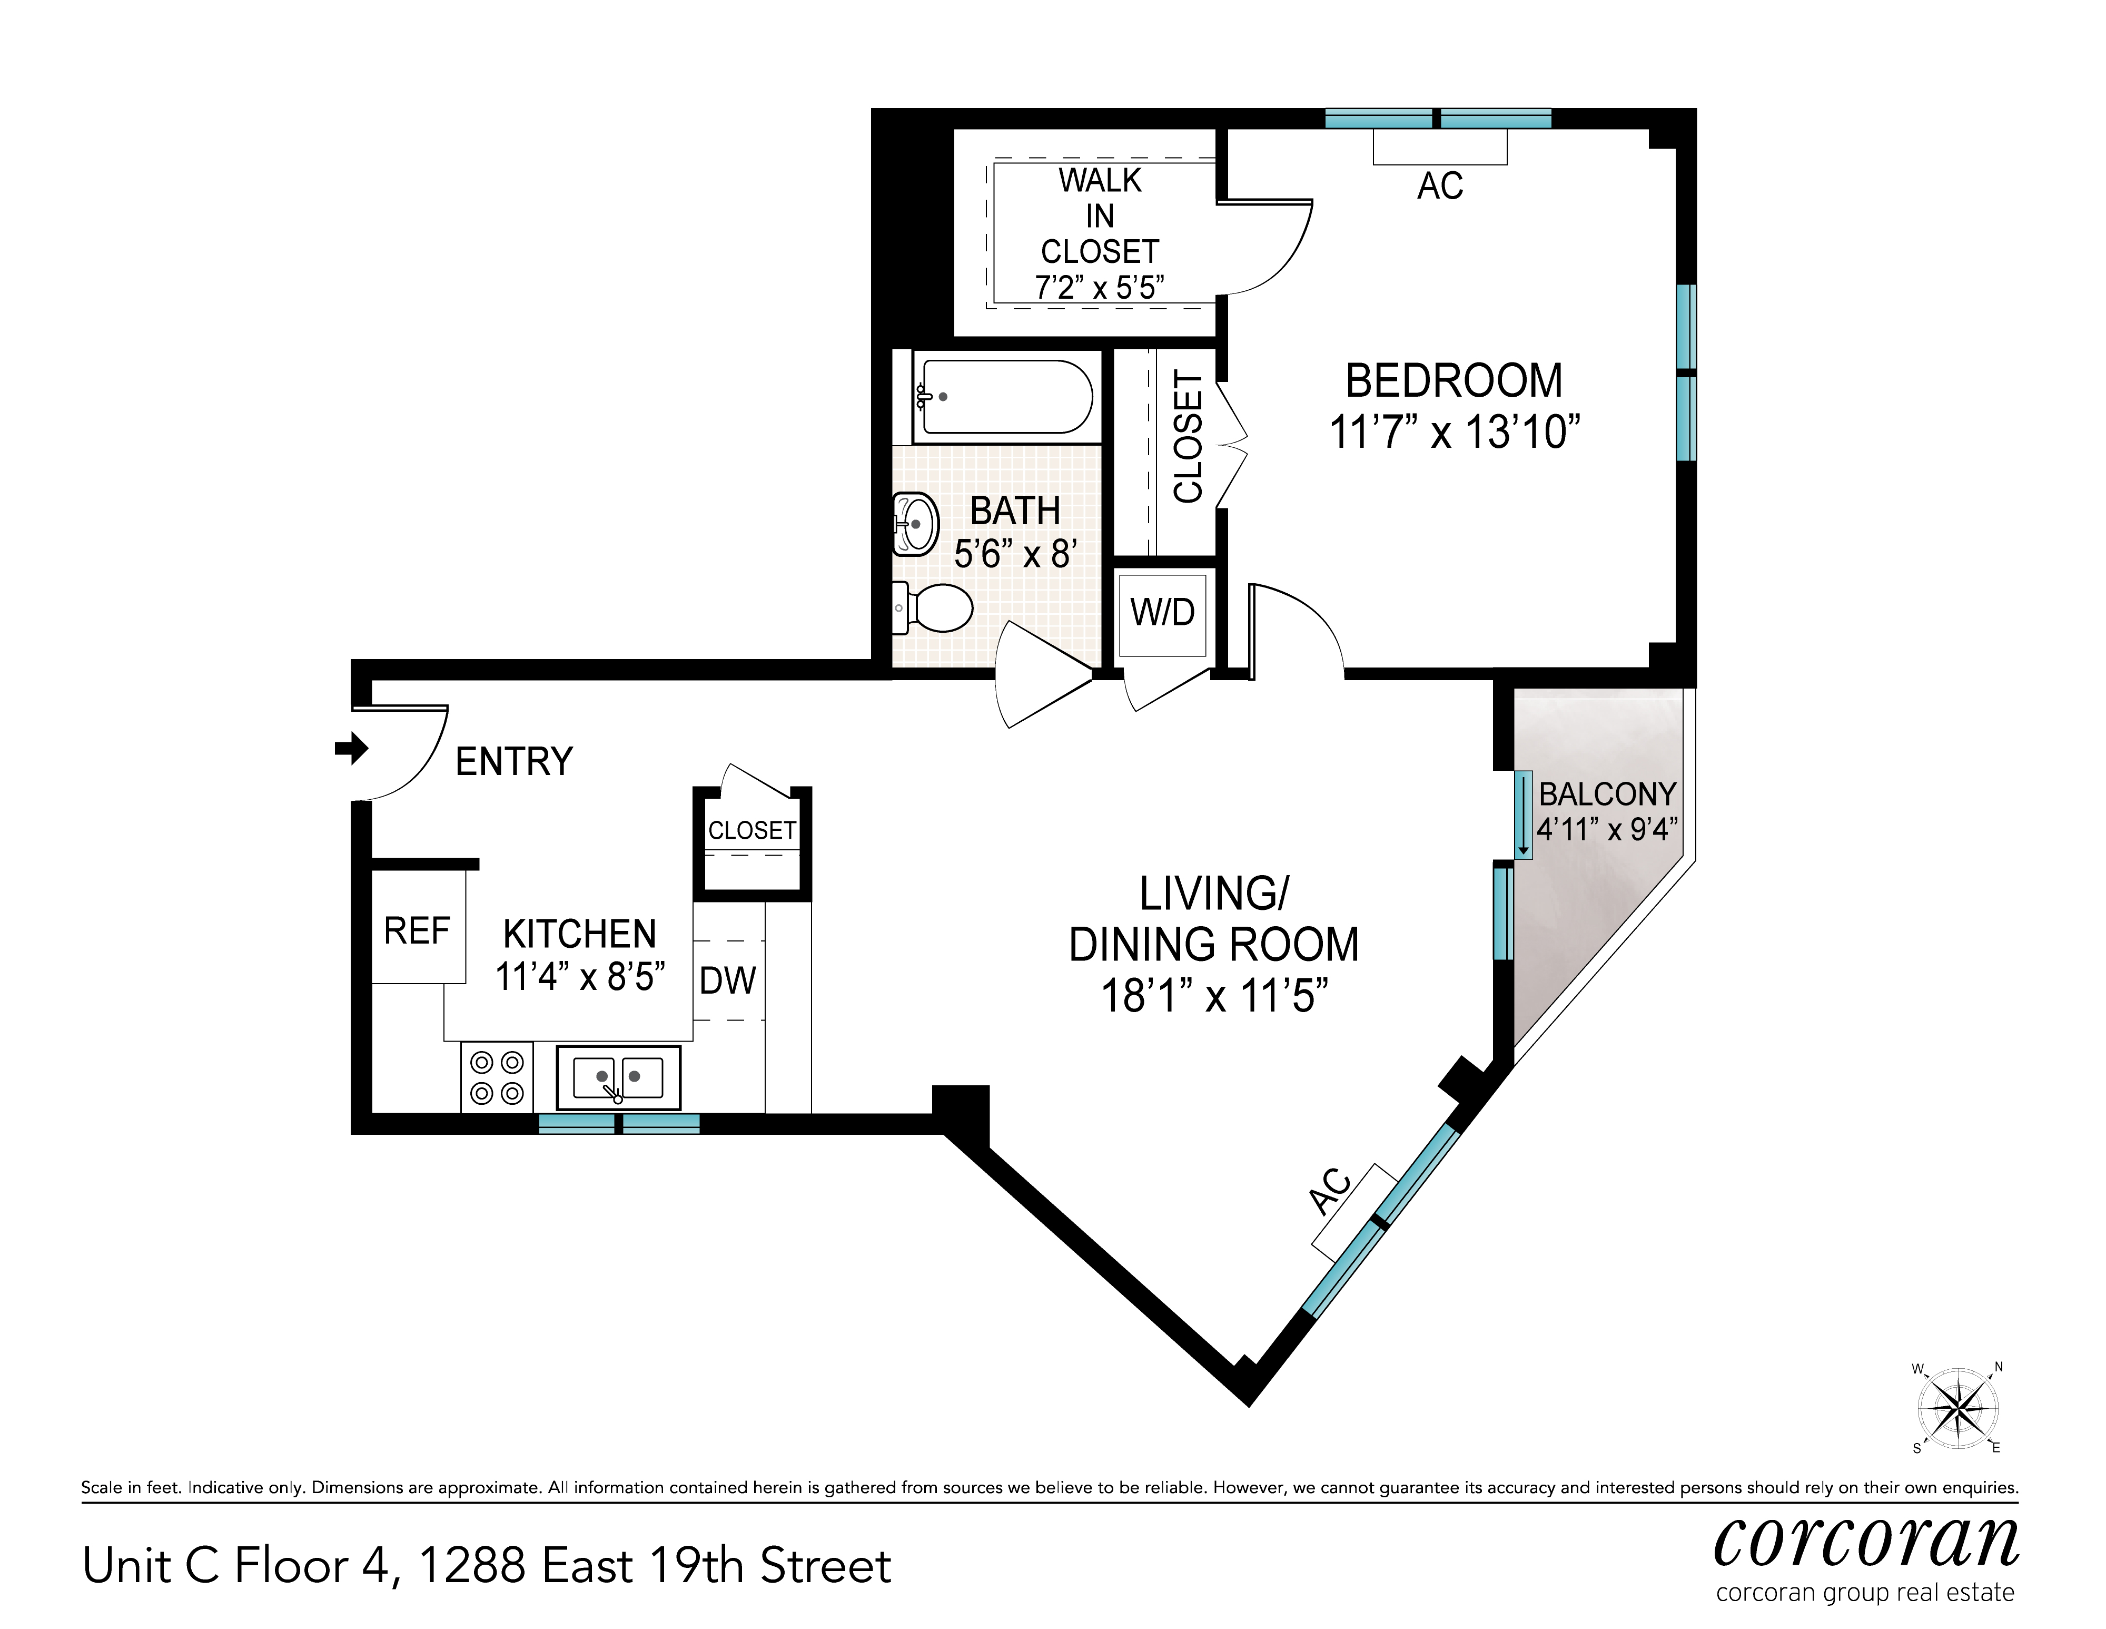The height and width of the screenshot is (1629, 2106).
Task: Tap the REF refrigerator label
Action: tap(417, 931)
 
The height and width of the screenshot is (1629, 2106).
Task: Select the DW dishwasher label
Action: tap(728, 981)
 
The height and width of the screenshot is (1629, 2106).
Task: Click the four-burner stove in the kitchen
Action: tap(497, 1077)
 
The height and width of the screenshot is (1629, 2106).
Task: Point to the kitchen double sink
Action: tap(618, 1077)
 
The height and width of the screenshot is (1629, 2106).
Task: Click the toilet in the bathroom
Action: tap(933, 607)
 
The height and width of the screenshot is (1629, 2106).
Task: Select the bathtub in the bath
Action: tap(1003, 396)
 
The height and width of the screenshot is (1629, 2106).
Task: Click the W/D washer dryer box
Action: tap(1163, 613)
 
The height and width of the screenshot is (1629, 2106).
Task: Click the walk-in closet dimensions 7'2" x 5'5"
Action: tap(1099, 287)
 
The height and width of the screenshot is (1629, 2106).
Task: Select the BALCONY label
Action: tap(1607, 794)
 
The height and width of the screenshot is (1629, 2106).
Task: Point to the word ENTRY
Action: tap(514, 762)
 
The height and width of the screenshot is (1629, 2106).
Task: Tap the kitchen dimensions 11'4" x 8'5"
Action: tap(579, 977)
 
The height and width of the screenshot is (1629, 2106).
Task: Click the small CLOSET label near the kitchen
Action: tap(752, 830)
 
